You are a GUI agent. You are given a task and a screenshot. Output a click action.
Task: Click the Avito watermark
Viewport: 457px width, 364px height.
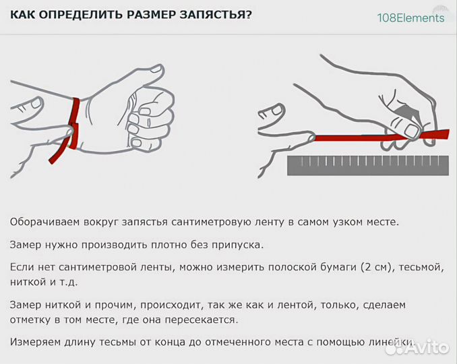click(422, 347)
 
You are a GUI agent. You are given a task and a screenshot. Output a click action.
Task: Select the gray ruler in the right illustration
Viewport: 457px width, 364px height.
click(368, 165)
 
